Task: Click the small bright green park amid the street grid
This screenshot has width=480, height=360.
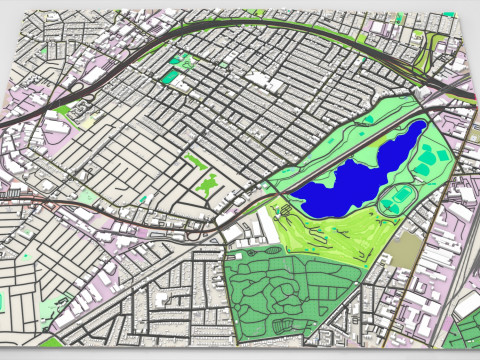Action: pos(208,184)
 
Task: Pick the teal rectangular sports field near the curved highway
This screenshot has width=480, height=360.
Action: pos(172,75)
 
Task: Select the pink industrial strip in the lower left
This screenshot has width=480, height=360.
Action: pos(90,300)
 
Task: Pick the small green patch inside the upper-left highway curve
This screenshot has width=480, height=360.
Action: pos(66,109)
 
